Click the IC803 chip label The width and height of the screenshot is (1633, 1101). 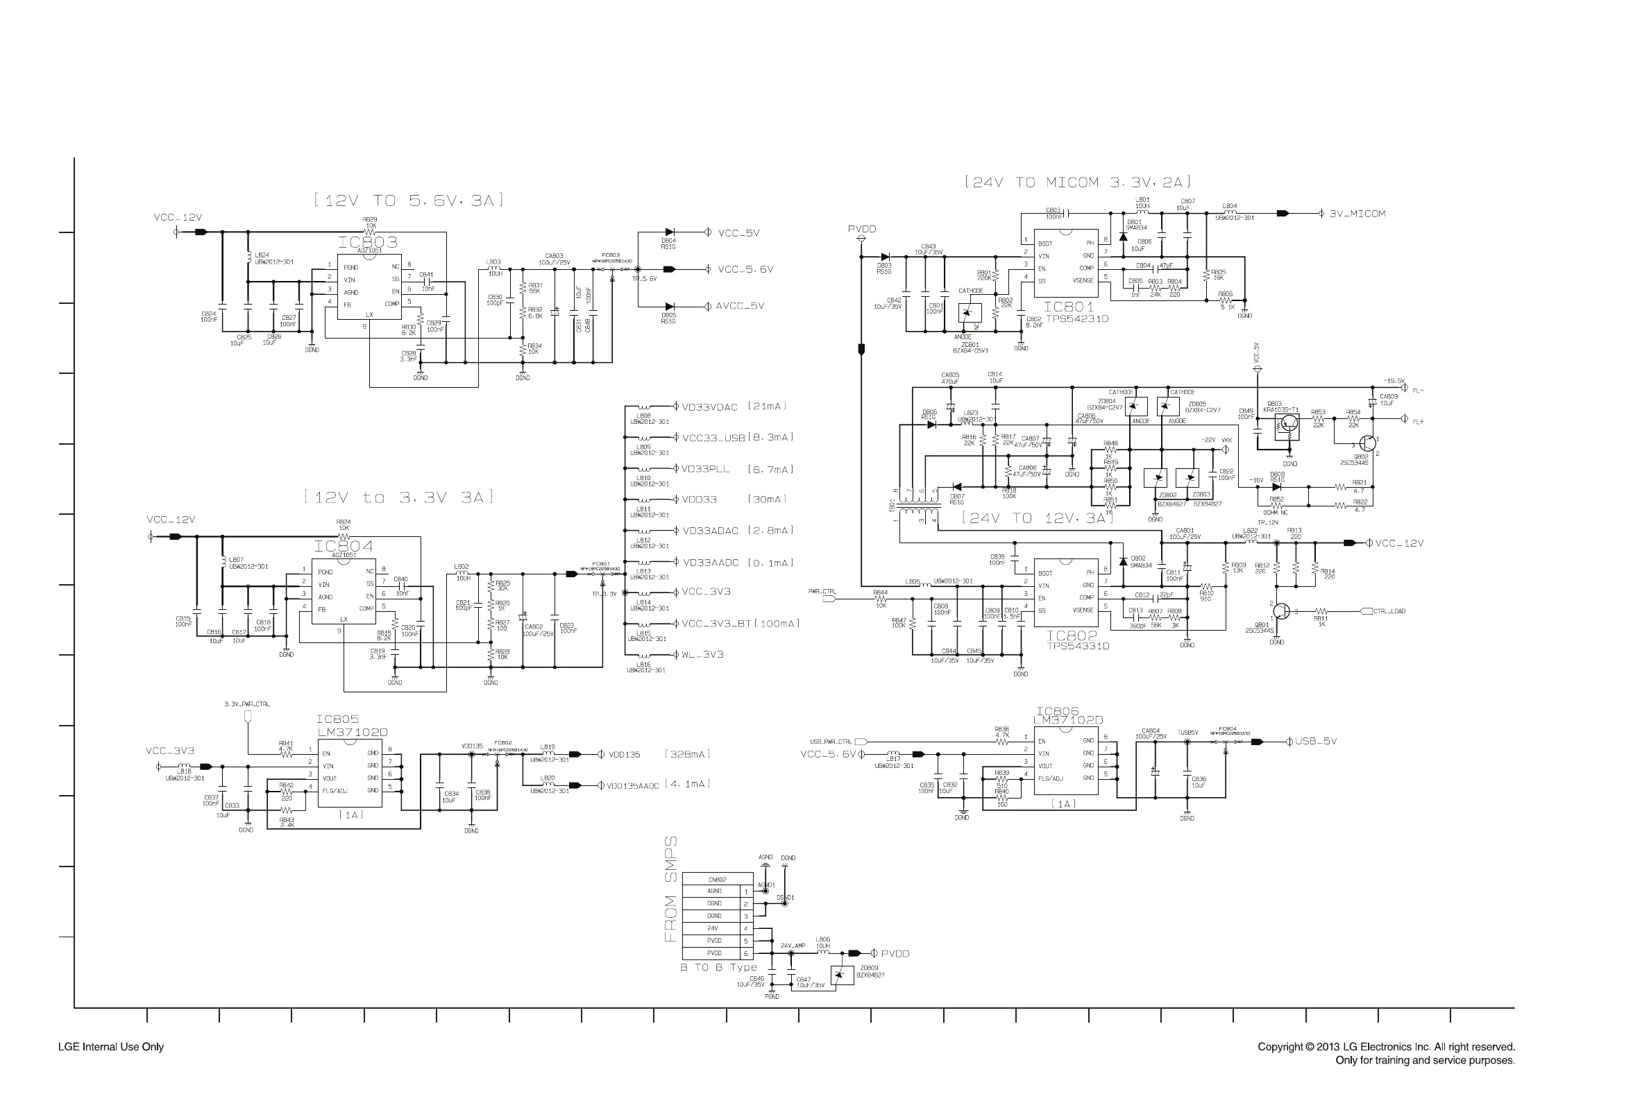[x=366, y=242]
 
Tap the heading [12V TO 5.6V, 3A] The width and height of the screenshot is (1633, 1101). [x=409, y=200]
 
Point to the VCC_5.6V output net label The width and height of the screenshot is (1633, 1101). [x=745, y=270]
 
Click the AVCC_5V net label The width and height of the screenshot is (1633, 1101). [x=740, y=306]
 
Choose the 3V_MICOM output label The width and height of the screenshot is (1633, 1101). [x=1357, y=214]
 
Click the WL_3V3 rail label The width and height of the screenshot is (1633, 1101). [x=702, y=654]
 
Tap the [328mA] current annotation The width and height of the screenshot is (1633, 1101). [x=687, y=754]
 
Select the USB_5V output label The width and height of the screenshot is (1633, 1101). [x=1316, y=742]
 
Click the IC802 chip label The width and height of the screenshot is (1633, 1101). [x=1071, y=636]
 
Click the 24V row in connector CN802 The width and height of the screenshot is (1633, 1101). [x=712, y=928]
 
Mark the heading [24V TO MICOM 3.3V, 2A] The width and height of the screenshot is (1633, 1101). [x=1078, y=182]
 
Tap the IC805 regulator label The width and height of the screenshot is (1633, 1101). [x=337, y=719]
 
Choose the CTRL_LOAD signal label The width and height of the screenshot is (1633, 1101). [x=1389, y=612]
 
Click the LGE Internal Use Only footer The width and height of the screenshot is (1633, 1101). [x=111, y=1047]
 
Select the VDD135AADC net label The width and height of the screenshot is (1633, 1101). [x=633, y=786]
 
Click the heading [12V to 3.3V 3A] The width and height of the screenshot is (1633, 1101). [x=399, y=498]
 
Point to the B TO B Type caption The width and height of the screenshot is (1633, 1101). [x=718, y=968]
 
